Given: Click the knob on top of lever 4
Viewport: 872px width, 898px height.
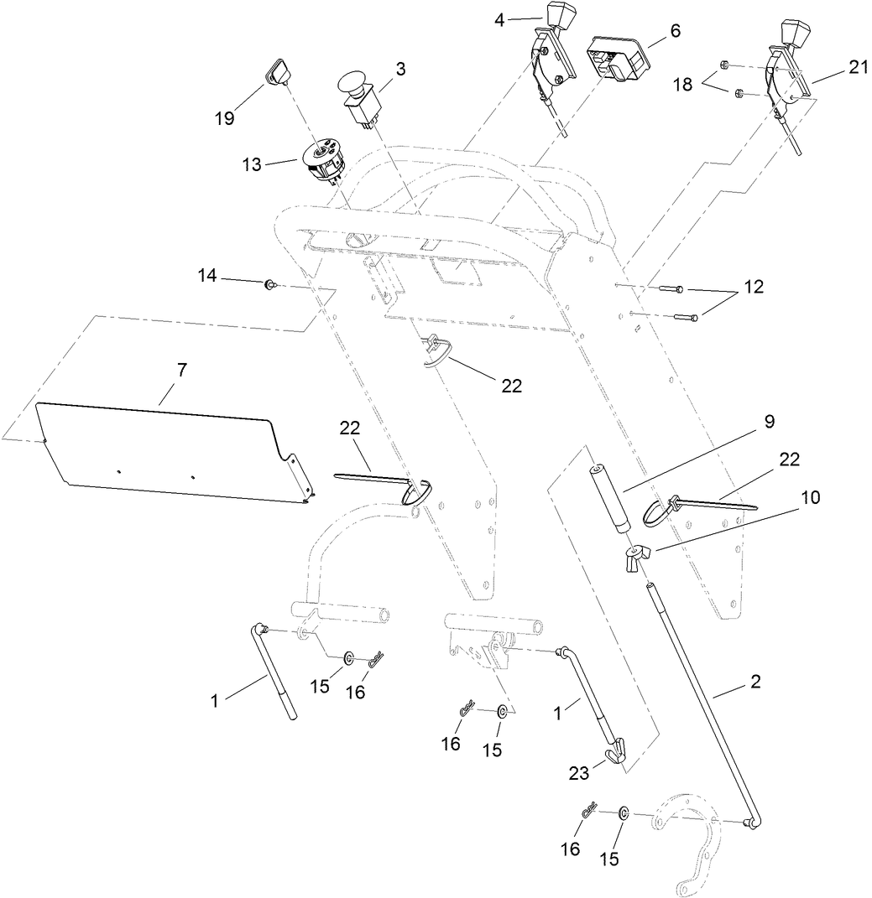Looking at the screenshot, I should tap(560, 16).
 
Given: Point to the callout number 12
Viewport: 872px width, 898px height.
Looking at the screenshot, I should tap(753, 287).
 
